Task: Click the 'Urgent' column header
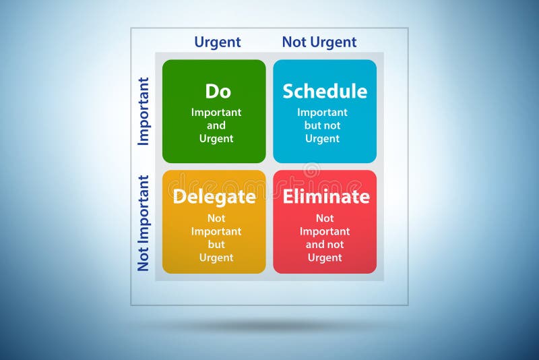[x=217, y=42]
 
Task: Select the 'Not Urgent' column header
[x=319, y=42]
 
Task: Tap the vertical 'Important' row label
[x=144, y=111]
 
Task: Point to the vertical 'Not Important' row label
[x=144, y=223]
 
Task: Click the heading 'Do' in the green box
[x=218, y=92]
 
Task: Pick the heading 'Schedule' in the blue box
[x=325, y=92]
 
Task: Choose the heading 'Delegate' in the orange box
[x=214, y=197]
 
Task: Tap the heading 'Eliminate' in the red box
[x=326, y=197]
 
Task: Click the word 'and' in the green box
[x=216, y=125]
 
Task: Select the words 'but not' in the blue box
[x=323, y=125]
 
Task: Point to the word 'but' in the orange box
[x=216, y=245]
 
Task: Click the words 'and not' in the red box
[x=325, y=245]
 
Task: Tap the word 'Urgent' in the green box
[x=216, y=139]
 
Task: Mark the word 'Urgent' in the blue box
[x=323, y=139]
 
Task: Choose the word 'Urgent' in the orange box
[x=216, y=258]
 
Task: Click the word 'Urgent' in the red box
[x=325, y=258]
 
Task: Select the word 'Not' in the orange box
[x=216, y=218]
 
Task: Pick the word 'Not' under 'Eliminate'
[x=325, y=218]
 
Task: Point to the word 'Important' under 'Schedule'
[x=323, y=113]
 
